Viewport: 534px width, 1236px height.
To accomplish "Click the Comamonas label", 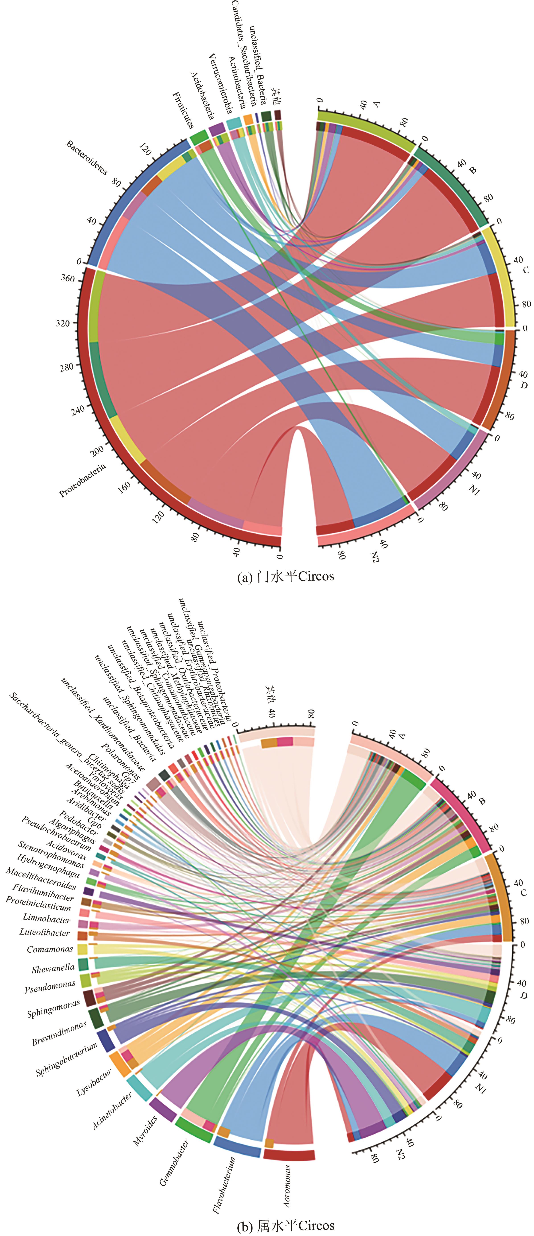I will [x=50, y=949].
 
